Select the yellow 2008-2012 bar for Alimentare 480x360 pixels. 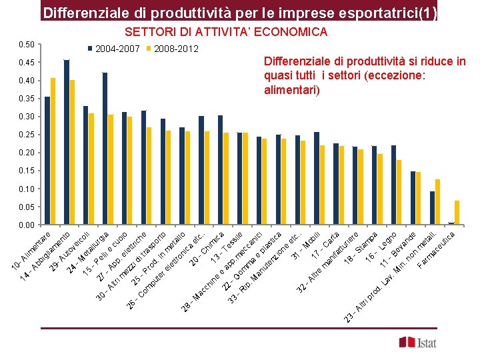pyautogui.click(x=53, y=151)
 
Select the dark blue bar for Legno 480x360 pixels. pyautogui.click(x=393, y=185)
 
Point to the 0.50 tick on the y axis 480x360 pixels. pyautogui.click(x=27, y=45)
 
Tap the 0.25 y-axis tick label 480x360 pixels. pyautogui.click(x=27, y=135)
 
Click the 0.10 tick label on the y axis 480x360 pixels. pyautogui.click(x=27, y=189)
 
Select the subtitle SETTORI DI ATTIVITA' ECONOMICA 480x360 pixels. pyautogui.click(x=226, y=32)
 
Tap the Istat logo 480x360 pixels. pyautogui.click(x=418, y=342)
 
